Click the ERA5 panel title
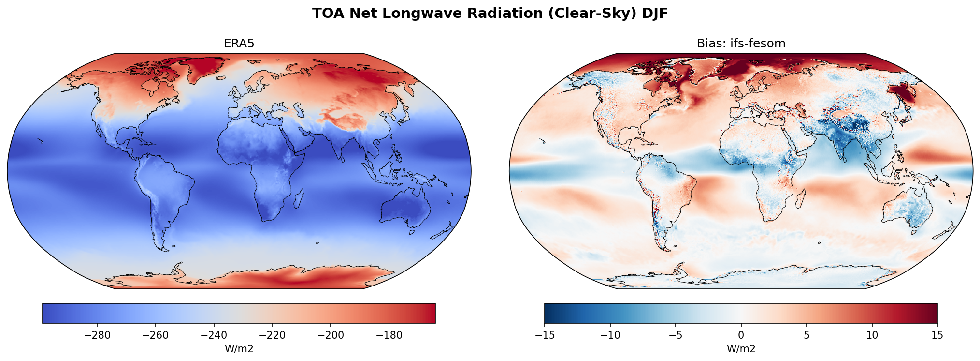click(239, 44)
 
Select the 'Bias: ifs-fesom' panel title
click(741, 44)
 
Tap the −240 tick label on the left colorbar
click(214, 335)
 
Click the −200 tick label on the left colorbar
click(331, 335)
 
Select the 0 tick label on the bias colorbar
click(741, 335)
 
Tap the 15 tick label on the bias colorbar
click(937, 335)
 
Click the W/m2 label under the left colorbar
click(239, 348)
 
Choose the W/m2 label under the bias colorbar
click(741, 348)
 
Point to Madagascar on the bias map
click(800, 198)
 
